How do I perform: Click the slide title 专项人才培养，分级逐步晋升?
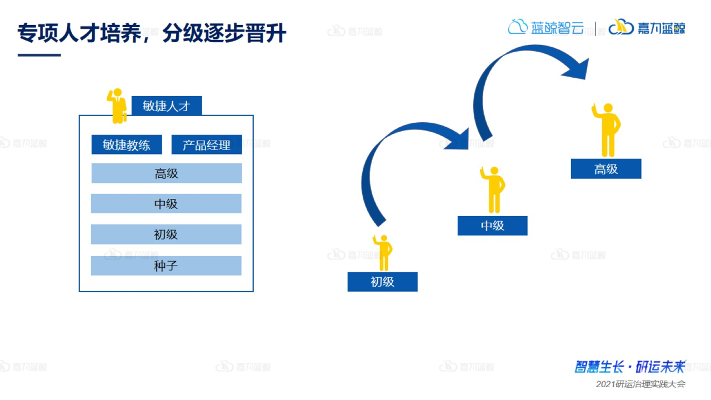[x=152, y=33]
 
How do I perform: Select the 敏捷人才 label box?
[x=167, y=106]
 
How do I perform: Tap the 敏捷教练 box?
[x=127, y=145]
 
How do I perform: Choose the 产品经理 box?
[x=207, y=145]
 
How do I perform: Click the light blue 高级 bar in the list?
[x=167, y=173]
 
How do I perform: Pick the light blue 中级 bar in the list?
[x=166, y=204]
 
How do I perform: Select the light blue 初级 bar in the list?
[x=166, y=234]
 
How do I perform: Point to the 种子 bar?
[x=166, y=266]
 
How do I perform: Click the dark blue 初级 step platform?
[x=382, y=282]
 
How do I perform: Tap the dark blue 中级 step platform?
[x=492, y=226]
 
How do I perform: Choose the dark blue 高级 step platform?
[x=606, y=169]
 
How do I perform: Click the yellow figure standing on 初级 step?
[x=383, y=252]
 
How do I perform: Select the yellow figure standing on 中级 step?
[x=493, y=189]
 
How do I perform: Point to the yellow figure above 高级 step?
[x=607, y=129]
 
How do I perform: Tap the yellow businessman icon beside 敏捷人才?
[x=117, y=106]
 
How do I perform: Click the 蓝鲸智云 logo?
[x=545, y=27]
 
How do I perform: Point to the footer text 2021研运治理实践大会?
[x=640, y=384]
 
